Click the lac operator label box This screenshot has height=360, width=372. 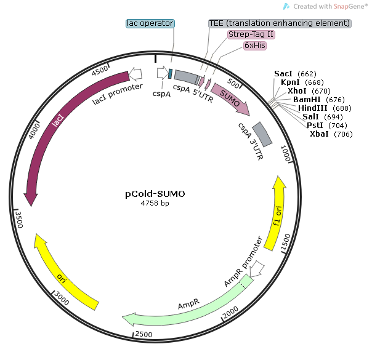(x=150, y=23)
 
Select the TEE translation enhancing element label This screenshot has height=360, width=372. (x=280, y=23)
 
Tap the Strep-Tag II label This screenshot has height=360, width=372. (x=251, y=34)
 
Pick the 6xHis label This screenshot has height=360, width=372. (x=255, y=46)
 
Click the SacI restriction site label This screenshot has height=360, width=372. (x=284, y=74)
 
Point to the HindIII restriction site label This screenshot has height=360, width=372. (x=312, y=108)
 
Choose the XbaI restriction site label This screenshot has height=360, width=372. (x=320, y=134)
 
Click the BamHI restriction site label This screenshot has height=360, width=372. (x=306, y=99)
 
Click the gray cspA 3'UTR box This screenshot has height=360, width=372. (x=262, y=133)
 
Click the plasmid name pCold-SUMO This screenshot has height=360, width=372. (x=155, y=193)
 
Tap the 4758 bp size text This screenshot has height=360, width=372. (x=155, y=203)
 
